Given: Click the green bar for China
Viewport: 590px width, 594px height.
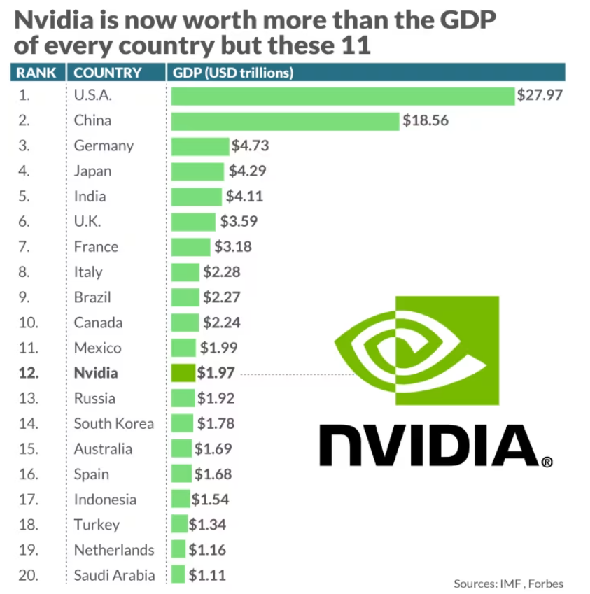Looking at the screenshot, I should coord(285,121).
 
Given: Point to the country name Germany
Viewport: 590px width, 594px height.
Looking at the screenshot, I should coord(104,146).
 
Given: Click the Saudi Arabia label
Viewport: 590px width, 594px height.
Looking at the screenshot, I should coord(114,576).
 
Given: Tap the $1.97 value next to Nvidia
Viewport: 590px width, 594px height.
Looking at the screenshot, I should coord(216,374).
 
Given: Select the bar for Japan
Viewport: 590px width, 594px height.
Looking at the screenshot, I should coord(197,171).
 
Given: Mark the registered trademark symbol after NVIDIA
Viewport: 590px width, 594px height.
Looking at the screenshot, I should coord(547,462).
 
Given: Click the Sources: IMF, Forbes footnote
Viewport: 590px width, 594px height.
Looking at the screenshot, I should coord(508,584).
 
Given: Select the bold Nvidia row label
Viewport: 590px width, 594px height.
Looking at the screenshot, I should coord(96,374).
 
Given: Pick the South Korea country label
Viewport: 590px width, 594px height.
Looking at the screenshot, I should coord(114,424).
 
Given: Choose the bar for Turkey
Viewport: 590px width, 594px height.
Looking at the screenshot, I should coord(179,525).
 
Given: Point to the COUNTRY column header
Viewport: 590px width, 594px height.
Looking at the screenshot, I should coord(108,73).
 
